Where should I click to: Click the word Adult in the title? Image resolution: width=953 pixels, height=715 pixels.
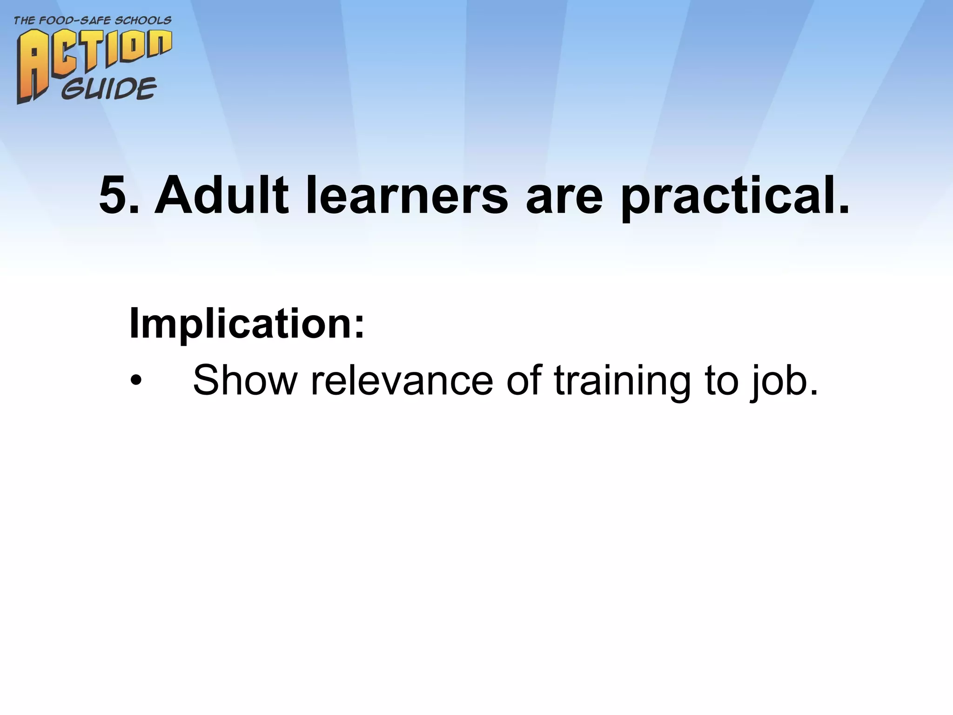click(x=221, y=196)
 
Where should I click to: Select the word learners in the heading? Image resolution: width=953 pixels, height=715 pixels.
click(x=407, y=196)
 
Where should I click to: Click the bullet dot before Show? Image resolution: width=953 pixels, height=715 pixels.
click(x=135, y=381)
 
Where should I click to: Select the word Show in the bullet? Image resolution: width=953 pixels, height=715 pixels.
click(x=245, y=380)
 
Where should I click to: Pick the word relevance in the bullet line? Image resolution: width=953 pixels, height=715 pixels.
click(x=402, y=380)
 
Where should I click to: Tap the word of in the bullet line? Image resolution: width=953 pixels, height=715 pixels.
click(x=524, y=380)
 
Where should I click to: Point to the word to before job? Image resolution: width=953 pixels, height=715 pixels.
click(x=721, y=380)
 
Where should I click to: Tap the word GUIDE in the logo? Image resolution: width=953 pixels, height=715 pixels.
click(x=109, y=88)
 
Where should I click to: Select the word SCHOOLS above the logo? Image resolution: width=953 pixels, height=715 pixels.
click(x=144, y=21)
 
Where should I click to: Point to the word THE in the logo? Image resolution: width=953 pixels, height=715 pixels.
click(x=24, y=21)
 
